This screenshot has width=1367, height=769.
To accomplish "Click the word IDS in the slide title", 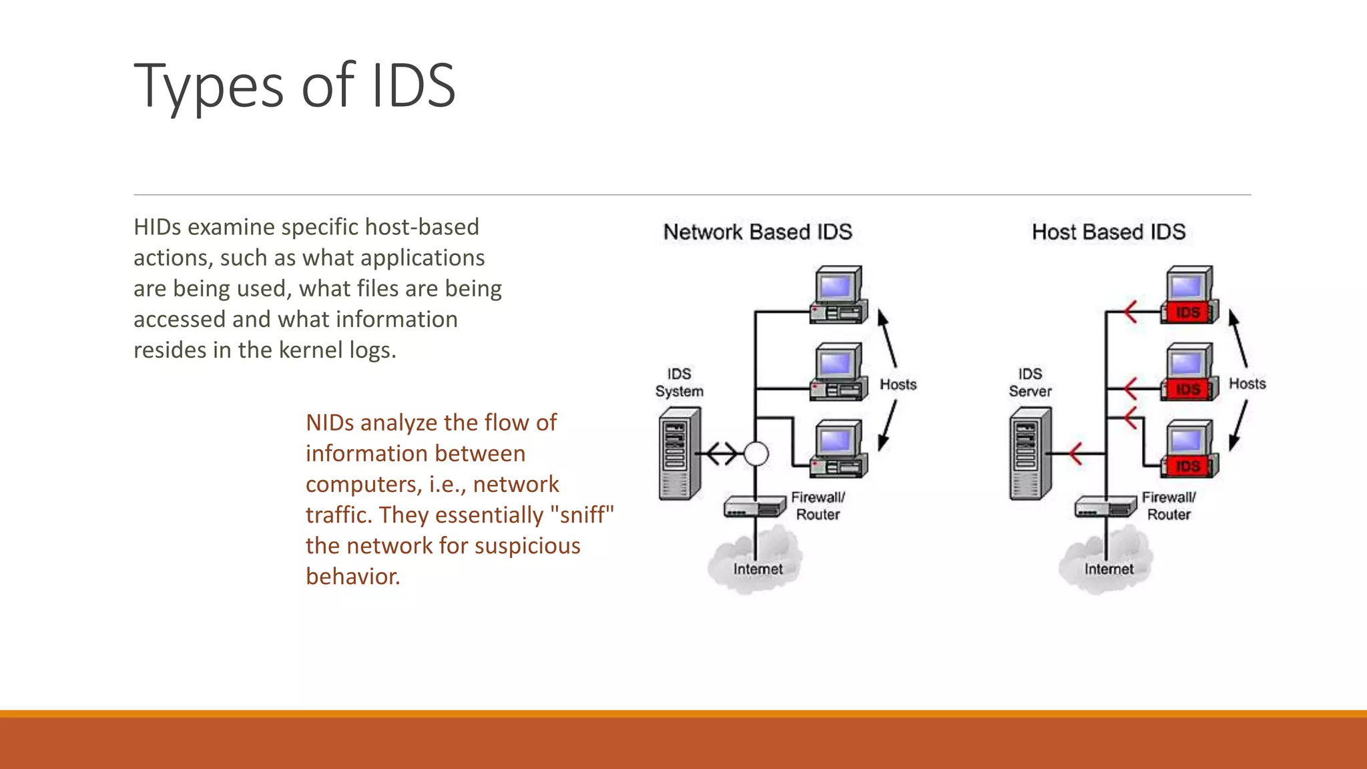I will (x=413, y=85).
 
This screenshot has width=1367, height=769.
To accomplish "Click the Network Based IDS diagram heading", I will (x=758, y=232).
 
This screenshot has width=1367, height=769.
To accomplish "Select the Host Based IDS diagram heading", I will (x=1108, y=232).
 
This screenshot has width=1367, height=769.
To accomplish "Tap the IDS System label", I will (x=679, y=382).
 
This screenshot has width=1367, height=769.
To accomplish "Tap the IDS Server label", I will (x=1030, y=382).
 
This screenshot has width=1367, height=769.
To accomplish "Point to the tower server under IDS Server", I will (x=1030, y=454).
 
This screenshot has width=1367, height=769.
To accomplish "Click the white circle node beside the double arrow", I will (x=756, y=454).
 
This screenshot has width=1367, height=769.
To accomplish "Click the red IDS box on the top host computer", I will (x=1188, y=312).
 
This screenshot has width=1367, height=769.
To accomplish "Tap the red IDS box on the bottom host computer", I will (x=1188, y=466).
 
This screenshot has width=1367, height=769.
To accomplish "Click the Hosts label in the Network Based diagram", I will (x=898, y=384).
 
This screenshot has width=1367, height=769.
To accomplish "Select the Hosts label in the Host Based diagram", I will (x=1247, y=384).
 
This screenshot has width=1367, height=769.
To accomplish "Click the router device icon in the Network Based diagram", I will (x=755, y=507).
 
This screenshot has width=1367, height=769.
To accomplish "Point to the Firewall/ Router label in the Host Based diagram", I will (x=1169, y=506).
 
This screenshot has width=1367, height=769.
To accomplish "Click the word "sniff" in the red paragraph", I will (x=581, y=515).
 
